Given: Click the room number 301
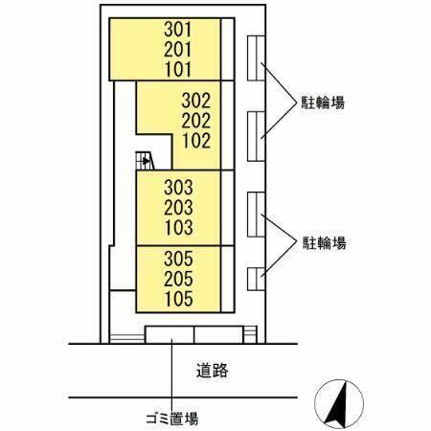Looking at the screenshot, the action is (x=178, y=30).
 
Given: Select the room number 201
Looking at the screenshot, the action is (x=178, y=50).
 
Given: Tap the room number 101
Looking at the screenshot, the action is (x=178, y=69).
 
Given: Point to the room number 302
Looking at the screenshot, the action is (x=196, y=101).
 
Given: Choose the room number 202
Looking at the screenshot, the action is (x=196, y=121).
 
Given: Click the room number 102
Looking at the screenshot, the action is (x=196, y=141).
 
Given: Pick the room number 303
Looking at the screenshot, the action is (x=178, y=188).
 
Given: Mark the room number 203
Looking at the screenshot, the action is (x=178, y=208).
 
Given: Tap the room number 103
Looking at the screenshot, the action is (x=178, y=227).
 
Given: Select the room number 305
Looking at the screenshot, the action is (x=178, y=259).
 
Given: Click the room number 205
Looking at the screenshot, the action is (x=178, y=279).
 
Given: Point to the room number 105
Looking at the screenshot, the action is (x=178, y=299).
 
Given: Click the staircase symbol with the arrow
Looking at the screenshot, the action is (x=145, y=161).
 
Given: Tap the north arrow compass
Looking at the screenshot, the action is (x=339, y=404).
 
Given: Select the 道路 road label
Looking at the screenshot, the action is (x=212, y=371).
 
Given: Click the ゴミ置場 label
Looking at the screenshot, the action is (x=171, y=419).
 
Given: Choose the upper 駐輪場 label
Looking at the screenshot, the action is (x=323, y=102).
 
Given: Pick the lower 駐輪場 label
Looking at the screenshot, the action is (x=324, y=243).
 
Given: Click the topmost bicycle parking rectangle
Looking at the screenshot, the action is (x=256, y=58).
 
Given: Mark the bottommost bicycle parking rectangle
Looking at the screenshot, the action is (x=256, y=279).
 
